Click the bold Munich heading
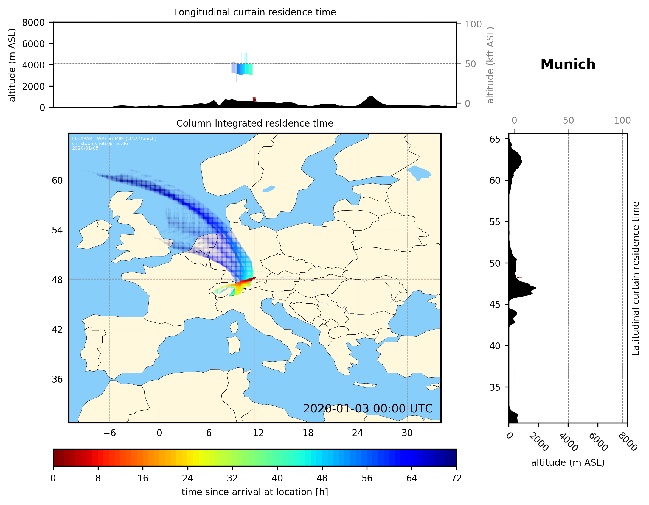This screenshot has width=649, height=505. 567,65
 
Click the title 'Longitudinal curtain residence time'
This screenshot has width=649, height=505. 255,12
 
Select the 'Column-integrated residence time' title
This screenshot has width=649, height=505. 255,123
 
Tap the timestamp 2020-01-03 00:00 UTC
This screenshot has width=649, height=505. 368,409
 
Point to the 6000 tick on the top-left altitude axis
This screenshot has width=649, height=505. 33,44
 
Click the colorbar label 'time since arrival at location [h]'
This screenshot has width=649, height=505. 255,492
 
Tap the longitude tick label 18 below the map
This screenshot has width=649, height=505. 308,433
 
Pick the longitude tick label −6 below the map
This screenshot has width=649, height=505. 109,433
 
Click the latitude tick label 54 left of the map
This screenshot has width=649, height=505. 57,230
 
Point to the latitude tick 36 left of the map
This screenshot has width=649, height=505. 57,379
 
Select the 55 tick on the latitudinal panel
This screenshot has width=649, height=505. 495,222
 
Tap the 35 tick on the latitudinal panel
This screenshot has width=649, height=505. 495,387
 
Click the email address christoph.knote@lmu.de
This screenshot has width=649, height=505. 100,143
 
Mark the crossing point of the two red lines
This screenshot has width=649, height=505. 255,278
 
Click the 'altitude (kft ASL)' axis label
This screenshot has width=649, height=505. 490,65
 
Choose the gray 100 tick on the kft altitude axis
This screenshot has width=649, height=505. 473,24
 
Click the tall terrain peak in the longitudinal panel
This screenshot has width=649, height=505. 370,97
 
